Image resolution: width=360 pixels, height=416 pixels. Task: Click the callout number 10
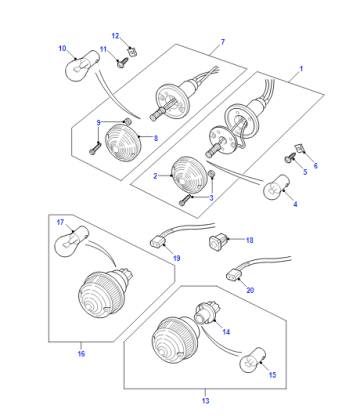[62, 48]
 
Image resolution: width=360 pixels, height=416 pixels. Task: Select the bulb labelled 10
[82, 65]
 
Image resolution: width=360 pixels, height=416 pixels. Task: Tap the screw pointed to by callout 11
[122, 62]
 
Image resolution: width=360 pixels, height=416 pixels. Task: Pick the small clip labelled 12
[133, 52]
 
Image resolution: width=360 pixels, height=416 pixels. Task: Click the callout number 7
[223, 42]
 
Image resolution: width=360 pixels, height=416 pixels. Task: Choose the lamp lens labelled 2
[190, 175]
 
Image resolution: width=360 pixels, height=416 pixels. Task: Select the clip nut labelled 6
[300, 148]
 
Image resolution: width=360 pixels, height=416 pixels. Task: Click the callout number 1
[301, 69]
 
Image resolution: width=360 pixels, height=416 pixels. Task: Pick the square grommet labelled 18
[217, 241]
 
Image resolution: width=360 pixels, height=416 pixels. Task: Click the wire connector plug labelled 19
[157, 241]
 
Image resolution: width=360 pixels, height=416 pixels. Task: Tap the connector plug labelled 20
[234, 275]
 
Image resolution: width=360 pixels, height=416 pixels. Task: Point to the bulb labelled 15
[253, 360]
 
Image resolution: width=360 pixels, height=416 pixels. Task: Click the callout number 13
[205, 401]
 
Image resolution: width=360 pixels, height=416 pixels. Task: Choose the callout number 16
[81, 353]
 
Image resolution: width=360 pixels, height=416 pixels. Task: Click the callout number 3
[211, 198]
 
